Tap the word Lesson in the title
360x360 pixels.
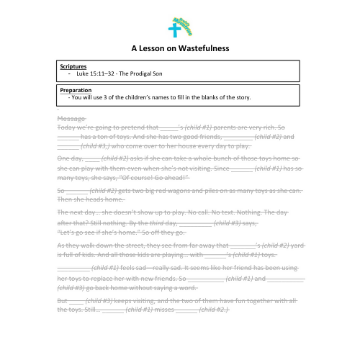click(x=152, y=48)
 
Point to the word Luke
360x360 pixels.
click(x=82, y=73)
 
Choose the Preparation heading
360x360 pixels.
click(x=76, y=90)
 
